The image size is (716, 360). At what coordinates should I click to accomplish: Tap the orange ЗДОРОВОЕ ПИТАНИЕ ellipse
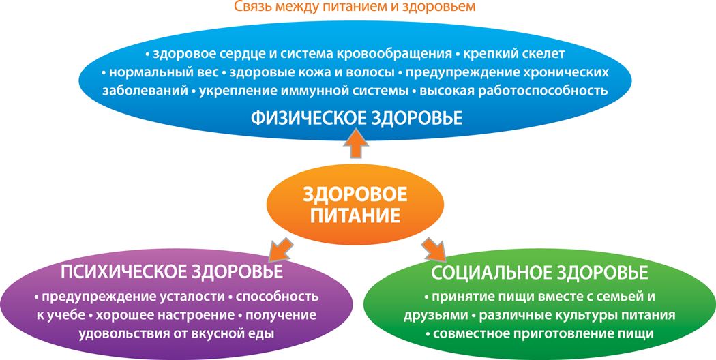355,204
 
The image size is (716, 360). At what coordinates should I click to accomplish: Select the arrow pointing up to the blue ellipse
356,143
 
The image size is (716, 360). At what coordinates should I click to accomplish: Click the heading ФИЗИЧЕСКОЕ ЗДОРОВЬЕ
357,119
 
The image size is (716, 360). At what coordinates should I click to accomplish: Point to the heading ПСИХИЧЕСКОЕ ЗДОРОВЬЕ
172,272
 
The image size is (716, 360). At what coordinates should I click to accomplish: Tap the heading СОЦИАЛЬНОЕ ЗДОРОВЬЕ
539,273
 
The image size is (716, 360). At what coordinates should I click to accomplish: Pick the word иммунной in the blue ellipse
308,91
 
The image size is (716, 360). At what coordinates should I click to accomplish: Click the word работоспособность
543,91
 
